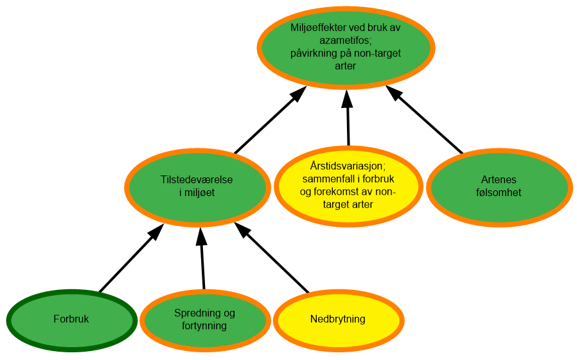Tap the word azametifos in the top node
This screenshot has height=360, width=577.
(x=346, y=40)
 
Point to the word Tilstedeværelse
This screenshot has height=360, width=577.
(x=197, y=180)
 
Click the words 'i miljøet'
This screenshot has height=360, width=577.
(x=197, y=193)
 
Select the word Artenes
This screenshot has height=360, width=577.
(x=499, y=180)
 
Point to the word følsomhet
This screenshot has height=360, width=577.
(x=499, y=193)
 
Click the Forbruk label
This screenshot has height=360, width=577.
(x=71, y=319)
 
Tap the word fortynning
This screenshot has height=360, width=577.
(x=204, y=326)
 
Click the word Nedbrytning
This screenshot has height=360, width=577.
(x=338, y=319)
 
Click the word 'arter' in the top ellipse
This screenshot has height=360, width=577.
(x=346, y=66)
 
